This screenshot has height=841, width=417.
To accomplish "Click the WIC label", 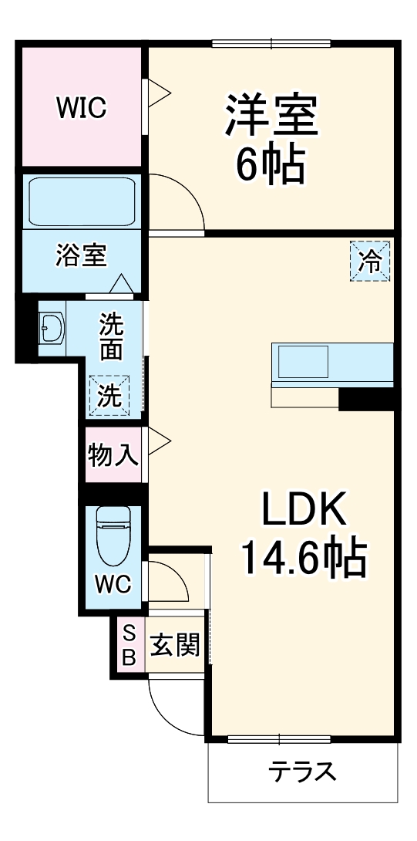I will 80,108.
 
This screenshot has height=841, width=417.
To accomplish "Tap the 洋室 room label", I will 271,116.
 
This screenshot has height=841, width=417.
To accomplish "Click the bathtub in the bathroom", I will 80,202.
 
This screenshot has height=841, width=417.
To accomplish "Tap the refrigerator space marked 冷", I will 371,262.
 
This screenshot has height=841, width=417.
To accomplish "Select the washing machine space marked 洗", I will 109,395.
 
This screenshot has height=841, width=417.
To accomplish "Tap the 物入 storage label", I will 113,455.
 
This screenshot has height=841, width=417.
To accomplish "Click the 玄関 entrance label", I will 175,645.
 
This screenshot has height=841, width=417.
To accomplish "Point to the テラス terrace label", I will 302,771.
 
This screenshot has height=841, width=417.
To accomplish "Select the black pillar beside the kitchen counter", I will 366,399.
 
